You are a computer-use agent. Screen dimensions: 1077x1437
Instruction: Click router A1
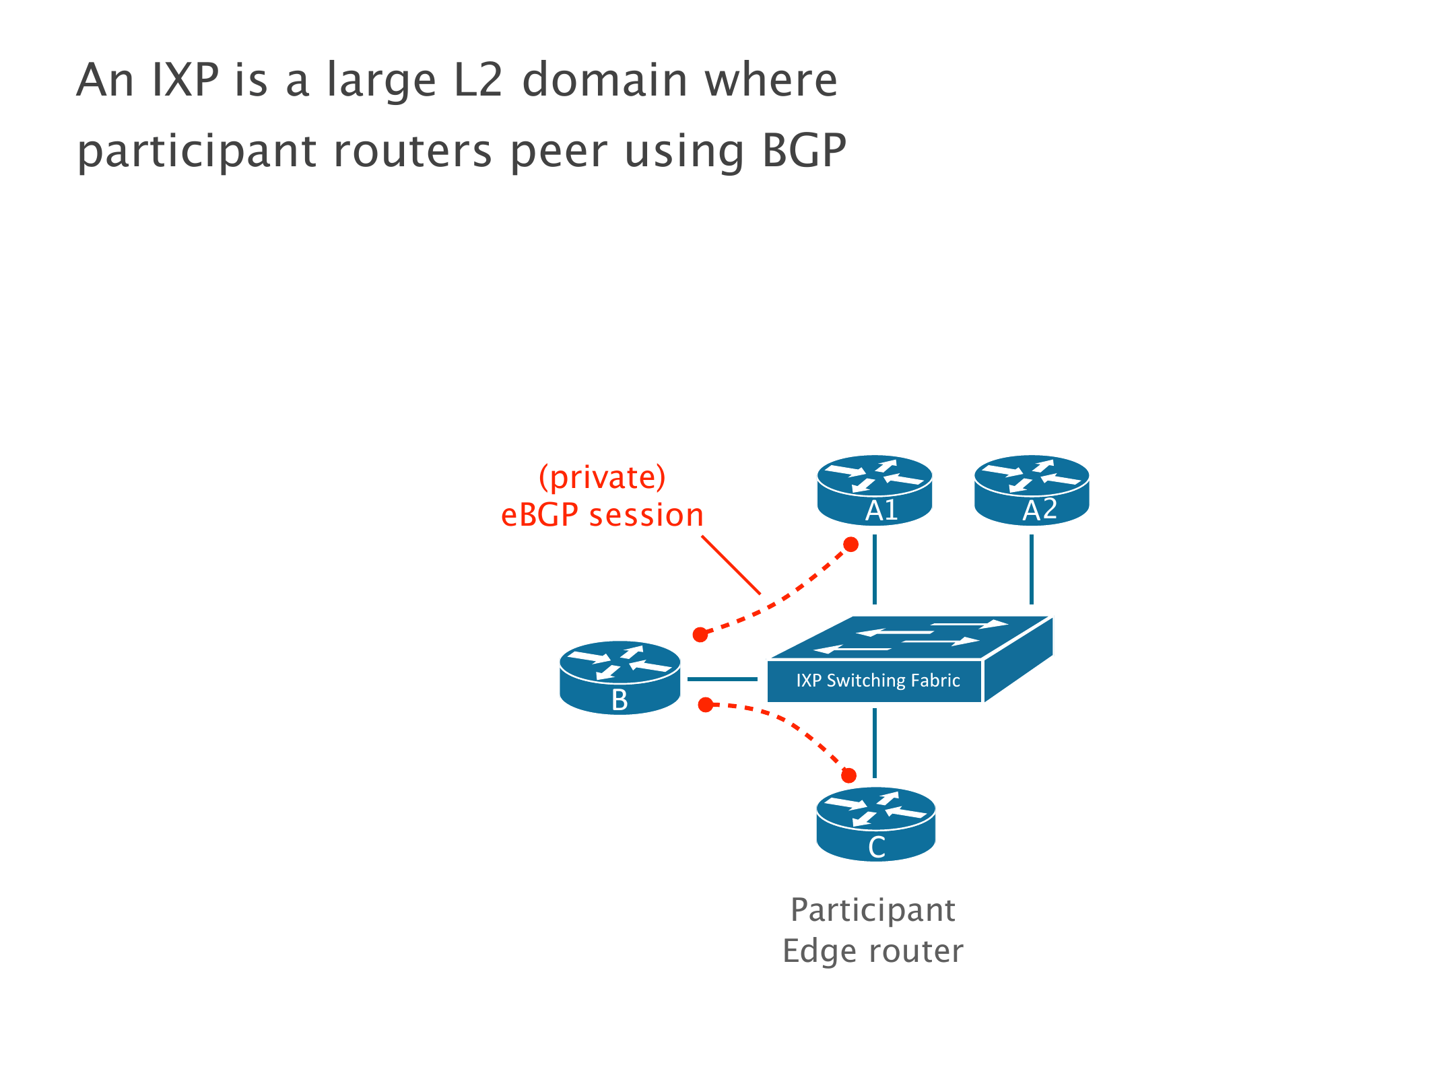coord(874,490)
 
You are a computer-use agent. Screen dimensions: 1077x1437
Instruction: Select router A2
coord(1032,490)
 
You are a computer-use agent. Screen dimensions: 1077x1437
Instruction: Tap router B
coord(620,677)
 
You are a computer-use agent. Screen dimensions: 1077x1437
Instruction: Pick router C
coord(875,824)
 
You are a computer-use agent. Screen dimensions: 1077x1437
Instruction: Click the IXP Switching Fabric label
coord(877,681)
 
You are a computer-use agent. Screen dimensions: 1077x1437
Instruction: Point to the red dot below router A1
coord(851,544)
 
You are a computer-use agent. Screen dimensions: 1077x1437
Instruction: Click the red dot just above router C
coord(849,775)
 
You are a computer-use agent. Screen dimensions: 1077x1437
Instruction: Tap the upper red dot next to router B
coord(700,635)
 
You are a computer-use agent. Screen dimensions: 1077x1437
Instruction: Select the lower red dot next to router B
coord(705,705)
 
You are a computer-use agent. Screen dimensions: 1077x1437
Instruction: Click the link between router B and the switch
coord(723,679)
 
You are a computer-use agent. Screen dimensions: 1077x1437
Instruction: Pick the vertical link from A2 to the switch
coord(1032,569)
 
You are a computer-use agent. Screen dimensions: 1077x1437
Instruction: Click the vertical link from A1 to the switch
coord(874,569)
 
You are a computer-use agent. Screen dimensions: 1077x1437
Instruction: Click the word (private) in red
coord(602,477)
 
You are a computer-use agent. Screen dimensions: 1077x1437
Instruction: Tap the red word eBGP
coord(540,515)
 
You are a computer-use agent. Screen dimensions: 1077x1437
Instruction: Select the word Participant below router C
coord(873,910)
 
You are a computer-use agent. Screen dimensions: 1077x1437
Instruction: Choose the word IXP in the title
coord(185,80)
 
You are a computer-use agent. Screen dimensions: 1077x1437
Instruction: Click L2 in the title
coord(479,80)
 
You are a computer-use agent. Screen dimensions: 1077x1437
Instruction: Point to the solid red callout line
coord(731,565)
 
